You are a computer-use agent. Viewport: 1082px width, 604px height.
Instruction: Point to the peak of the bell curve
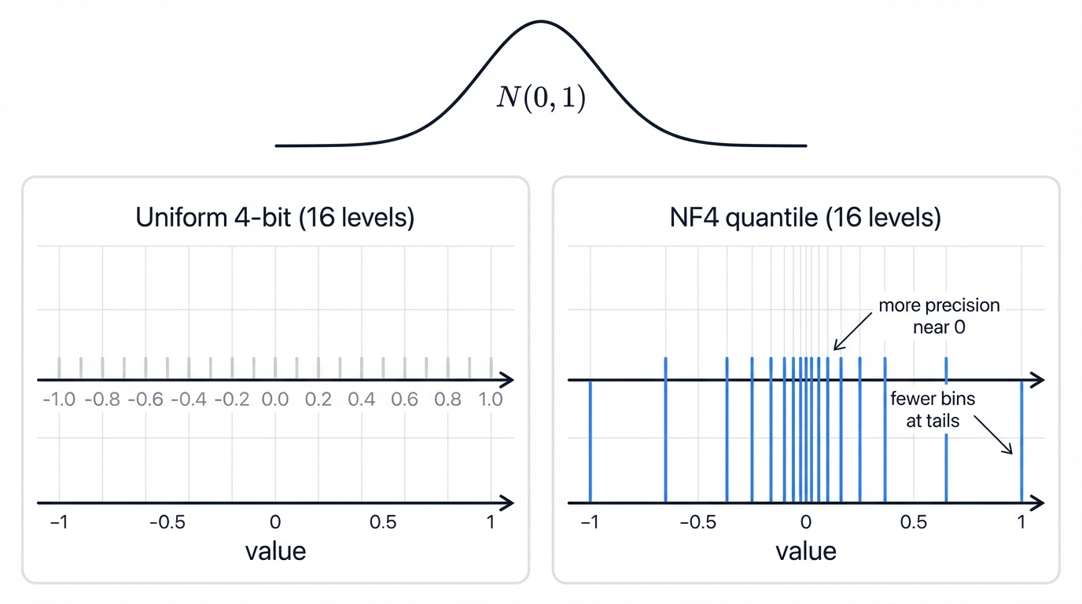click(541, 21)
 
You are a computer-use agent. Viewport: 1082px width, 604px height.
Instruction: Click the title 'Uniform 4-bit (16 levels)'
click(274, 217)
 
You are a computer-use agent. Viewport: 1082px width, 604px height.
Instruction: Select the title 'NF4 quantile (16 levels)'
click(805, 217)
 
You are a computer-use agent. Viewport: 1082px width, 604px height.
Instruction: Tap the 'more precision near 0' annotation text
click(939, 315)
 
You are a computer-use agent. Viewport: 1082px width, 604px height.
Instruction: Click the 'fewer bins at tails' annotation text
click(933, 410)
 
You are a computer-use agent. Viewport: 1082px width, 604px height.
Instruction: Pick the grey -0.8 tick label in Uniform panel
click(102, 400)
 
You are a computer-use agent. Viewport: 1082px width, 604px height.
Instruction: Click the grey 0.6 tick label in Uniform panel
click(404, 400)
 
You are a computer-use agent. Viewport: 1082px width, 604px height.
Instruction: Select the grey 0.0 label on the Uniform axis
click(275, 400)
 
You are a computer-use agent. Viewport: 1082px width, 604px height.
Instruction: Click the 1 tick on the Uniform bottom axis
click(491, 522)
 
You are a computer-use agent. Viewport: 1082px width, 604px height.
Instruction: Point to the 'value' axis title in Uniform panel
click(274, 551)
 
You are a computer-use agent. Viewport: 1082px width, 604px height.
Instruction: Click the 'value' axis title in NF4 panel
click(805, 551)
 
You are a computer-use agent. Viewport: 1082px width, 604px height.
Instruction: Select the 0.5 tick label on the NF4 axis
click(913, 522)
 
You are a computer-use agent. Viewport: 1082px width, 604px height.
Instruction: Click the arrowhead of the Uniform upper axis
click(508, 381)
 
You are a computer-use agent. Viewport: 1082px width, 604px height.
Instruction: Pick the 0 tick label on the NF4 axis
click(805, 522)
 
